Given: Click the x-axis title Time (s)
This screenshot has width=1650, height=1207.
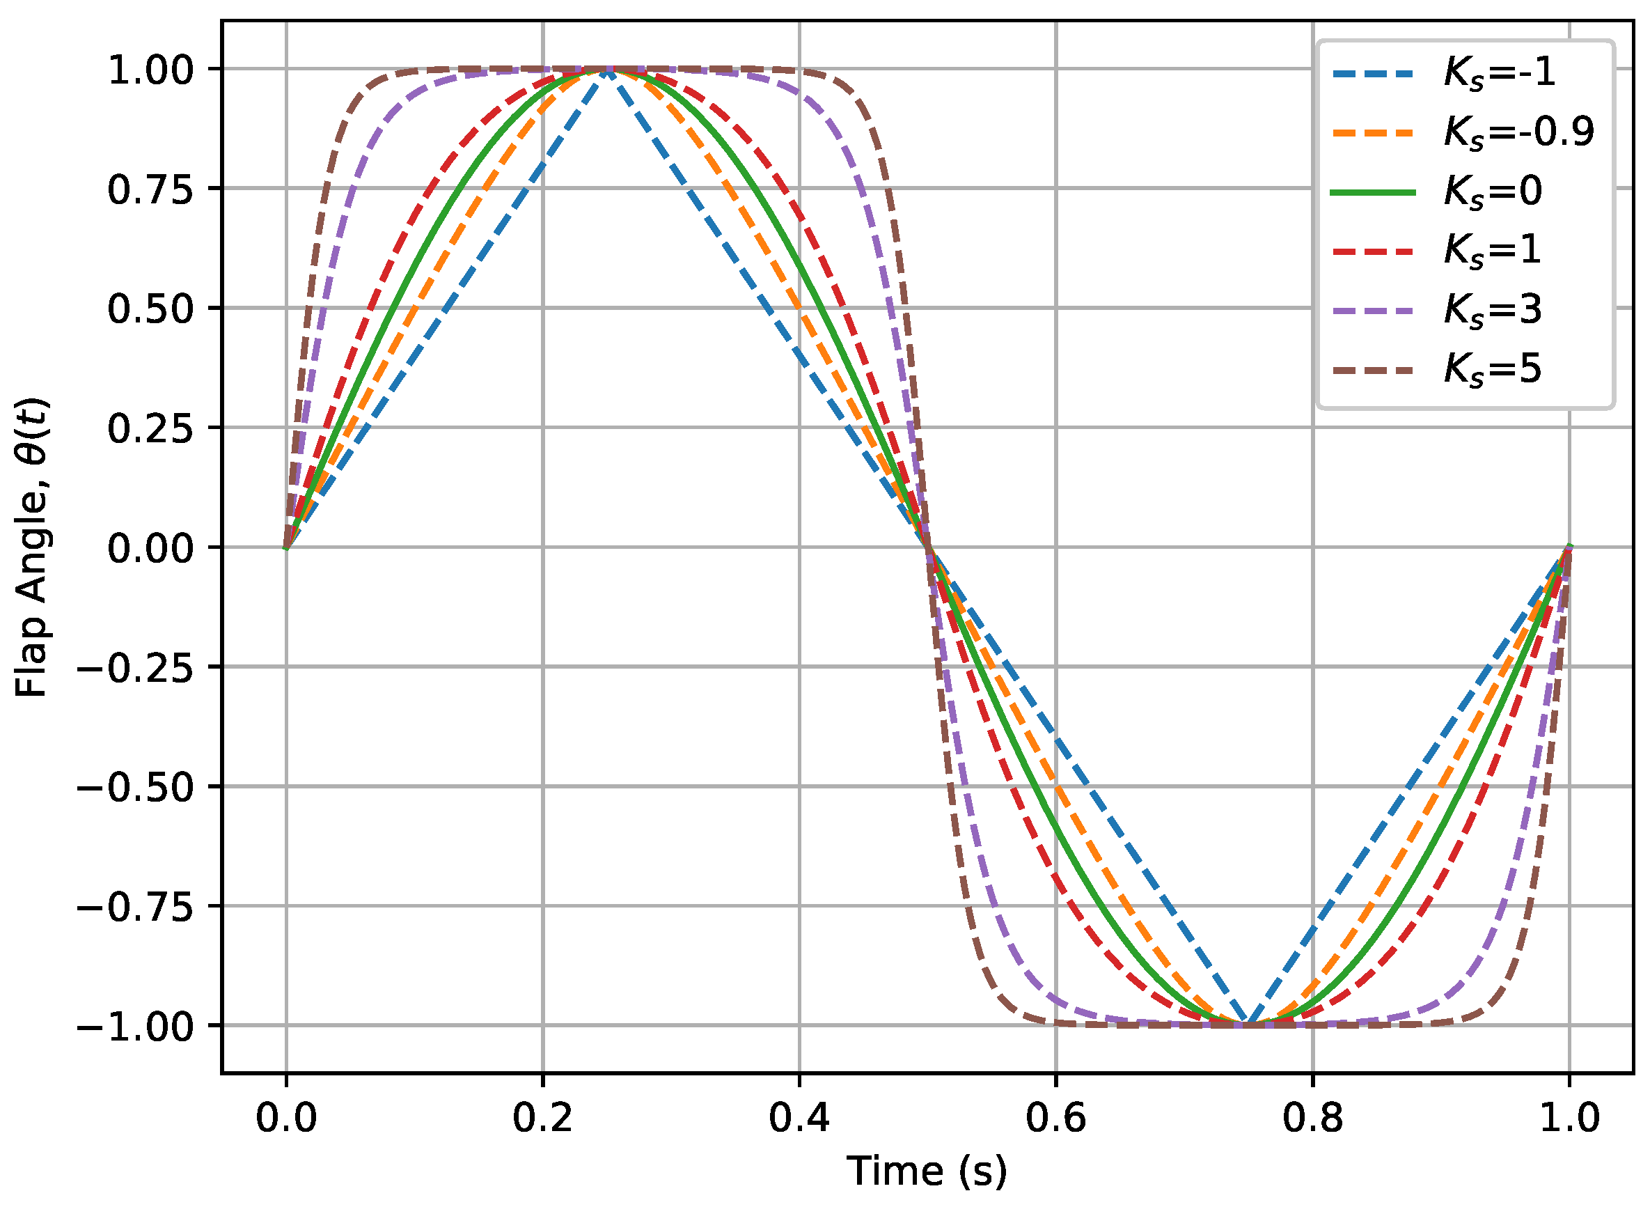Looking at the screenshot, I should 926,1171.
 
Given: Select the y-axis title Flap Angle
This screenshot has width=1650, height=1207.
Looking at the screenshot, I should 32,547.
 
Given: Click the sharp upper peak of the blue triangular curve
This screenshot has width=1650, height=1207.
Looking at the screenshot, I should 607,70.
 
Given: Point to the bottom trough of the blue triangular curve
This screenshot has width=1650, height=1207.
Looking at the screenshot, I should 1248,1024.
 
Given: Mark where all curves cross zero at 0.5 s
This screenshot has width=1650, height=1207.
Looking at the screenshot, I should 927,547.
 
